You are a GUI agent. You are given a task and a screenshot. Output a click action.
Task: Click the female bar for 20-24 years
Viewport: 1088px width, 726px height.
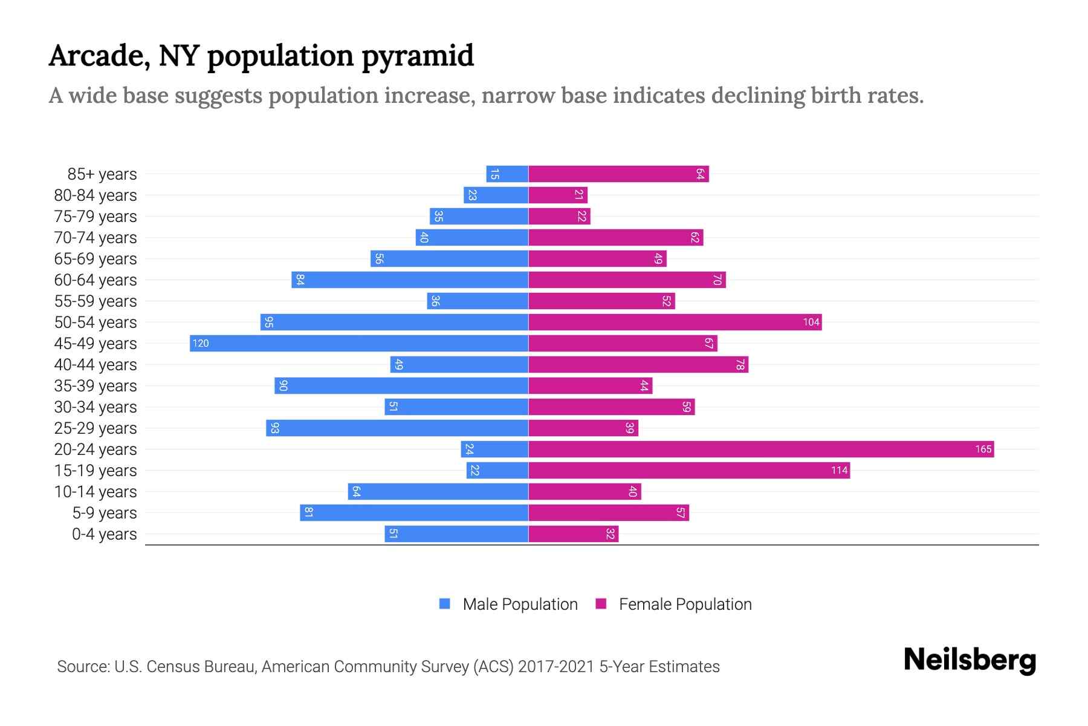click(x=760, y=449)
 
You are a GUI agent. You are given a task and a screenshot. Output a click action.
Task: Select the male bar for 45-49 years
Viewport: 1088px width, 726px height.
click(x=359, y=343)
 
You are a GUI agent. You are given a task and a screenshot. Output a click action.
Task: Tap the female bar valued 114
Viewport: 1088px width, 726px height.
click(x=689, y=470)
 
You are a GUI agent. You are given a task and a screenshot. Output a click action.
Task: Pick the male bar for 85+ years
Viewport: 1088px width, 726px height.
click(x=507, y=174)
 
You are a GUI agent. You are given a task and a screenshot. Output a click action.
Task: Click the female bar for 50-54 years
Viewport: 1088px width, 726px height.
click(x=675, y=322)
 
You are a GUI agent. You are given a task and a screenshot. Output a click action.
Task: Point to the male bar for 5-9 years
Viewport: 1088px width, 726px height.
click(x=414, y=512)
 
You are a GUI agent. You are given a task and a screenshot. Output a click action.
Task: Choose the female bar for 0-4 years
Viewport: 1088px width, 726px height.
click(x=573, y=534)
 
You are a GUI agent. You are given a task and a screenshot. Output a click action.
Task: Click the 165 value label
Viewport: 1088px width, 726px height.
click(x=983, y=449)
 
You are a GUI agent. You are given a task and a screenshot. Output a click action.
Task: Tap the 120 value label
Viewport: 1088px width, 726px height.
click(x=201, y=343)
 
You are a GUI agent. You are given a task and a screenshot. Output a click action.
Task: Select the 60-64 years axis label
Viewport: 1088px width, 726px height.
click(x=96, y=280)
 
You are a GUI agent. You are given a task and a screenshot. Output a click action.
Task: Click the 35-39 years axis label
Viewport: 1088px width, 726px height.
click(x=96, y=386)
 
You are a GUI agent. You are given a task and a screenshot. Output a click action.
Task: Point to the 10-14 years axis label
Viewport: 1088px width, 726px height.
click(x=96, y=492)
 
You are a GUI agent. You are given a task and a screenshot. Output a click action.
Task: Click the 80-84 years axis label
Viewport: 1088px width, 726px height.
click(x=96, y=195)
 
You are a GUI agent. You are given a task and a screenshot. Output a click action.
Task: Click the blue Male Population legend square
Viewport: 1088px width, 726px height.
click(x=445, y=604)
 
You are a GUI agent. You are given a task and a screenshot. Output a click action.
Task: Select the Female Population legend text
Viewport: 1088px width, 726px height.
click(x=685, y=604)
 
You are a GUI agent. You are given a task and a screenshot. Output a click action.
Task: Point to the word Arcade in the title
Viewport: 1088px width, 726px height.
click(x=100, y=56)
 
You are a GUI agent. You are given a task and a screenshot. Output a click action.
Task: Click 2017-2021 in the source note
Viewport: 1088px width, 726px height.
click(x=556, y=667)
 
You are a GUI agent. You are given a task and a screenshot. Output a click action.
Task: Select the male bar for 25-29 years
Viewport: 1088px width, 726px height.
click(x=397, y=428)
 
